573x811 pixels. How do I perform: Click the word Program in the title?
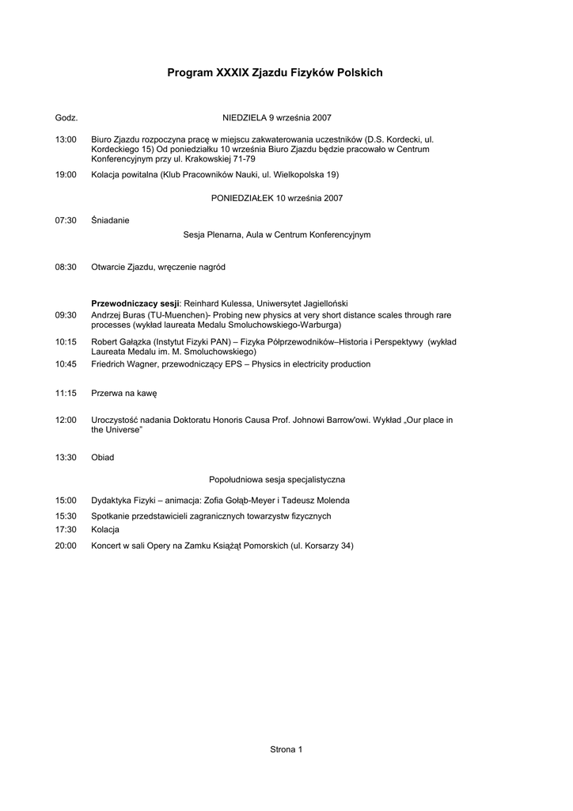[x=190, y=73]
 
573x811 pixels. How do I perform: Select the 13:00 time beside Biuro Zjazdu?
[x=66, y=139]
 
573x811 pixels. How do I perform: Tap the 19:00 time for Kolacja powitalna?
[x=66, y=174]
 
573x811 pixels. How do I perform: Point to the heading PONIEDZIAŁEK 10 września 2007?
[x=277, y=197]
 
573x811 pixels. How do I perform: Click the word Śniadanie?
[x=110, y=220]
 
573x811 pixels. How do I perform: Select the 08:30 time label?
[x=66, y=267]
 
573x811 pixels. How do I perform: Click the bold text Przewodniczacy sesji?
[x=136, y=303]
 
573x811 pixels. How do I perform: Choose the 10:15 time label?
[x=66, y=341]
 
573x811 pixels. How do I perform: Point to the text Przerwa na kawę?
[x=124, y=393]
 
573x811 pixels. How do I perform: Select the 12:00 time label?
[x=66, y=420]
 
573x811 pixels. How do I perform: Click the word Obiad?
[x=103, y=457]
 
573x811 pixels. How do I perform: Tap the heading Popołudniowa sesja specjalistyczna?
[x=277, y=479]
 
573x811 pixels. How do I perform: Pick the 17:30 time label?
[x=66, y=530]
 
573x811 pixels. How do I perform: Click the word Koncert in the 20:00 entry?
[x=108, y=546]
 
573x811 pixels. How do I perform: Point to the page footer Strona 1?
[x=286, y=748]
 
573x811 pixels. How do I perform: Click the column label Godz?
[x=66, y=117]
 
